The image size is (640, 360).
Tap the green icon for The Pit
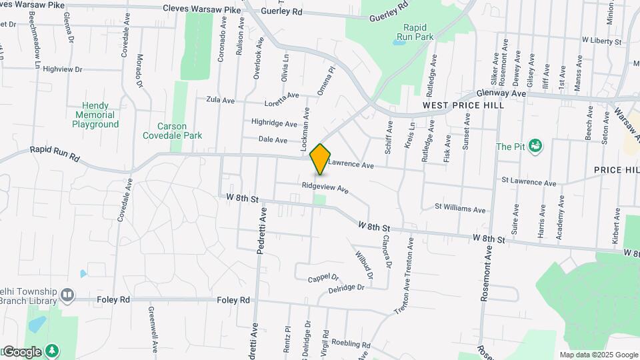534,145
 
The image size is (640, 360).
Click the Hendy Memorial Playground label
95,115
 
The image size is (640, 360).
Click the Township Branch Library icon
67,295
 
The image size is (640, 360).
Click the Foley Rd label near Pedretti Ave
233,301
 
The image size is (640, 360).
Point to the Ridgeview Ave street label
325,189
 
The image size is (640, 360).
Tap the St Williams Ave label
460,209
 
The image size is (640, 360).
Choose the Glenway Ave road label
502,94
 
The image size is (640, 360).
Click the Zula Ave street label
221,101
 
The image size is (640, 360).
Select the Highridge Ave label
274,123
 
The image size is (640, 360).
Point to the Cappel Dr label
323,277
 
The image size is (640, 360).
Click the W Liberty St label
601,41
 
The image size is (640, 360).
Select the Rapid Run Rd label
55,155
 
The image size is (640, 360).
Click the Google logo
21,351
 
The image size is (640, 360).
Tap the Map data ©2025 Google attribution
598,355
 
